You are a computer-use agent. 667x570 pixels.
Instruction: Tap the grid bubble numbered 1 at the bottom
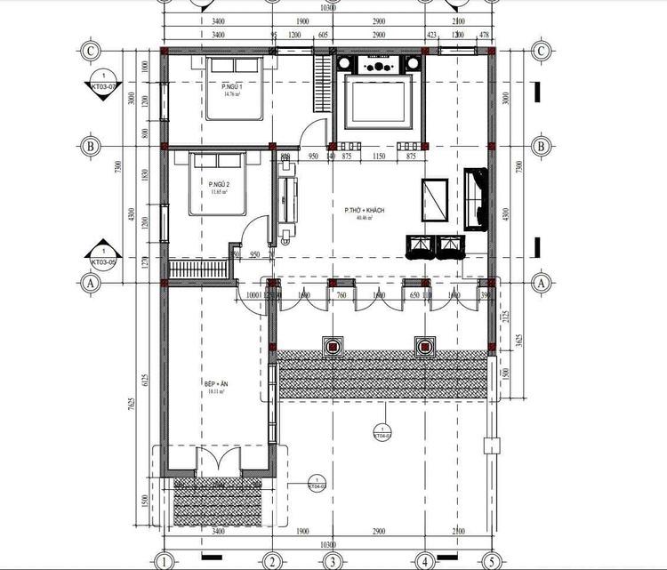click(x=164, y=561)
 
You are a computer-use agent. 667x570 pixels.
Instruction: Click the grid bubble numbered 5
click(x=489, y=561)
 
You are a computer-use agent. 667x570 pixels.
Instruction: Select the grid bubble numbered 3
click(x=331, y=561)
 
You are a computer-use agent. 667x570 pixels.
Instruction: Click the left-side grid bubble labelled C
click(x=90, y=52)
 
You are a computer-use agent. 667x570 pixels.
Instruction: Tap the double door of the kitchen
click(x=217, y=462)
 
